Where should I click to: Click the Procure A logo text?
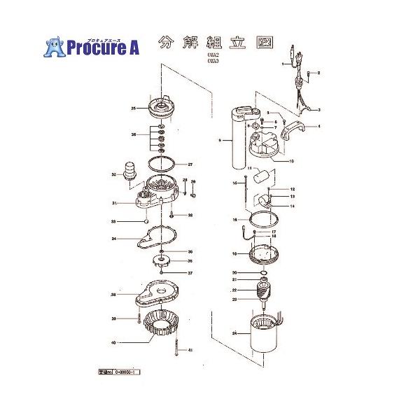tap(103, 47)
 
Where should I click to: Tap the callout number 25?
tap(133, 108)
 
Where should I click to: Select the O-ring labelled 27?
tap(162, 166)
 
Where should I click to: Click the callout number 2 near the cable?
tap(318, 73)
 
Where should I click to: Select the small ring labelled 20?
tap(263, 272)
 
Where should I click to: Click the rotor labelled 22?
tap(265, 290)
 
